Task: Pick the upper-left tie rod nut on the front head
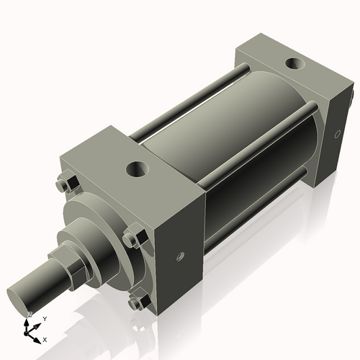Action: [x=63, y=185]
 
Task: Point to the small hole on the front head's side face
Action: [x=179, y=256]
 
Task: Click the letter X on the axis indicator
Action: [x=45, y=338]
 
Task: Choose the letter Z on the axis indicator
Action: [x=30, y=315]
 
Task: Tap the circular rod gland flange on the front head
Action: [x=94, y=216]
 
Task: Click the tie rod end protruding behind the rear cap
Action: [x=352, y=94]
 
